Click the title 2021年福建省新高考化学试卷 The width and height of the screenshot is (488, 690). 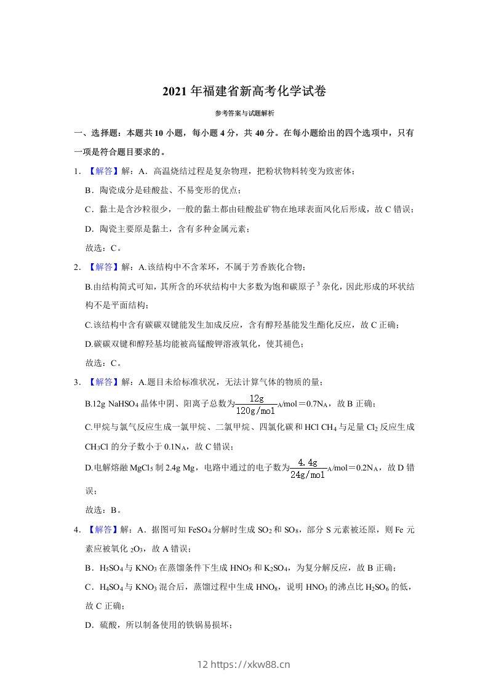pyautogui.click(x=244, y=92)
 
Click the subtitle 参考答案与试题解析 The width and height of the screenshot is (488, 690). pyautogui.click(x=244, y=113)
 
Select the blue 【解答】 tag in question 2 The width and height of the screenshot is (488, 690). pyautogui.click(x=101, y=266)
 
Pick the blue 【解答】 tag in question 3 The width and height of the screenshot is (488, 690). pyautogui.click(x=101, y=382)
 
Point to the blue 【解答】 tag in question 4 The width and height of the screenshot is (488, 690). pyautogui.click(x=101, y=529)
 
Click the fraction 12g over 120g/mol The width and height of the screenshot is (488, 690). pyautogui.click(x=257, y=404)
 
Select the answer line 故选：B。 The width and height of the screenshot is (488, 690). pyautogui.click(x=103, y=510)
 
